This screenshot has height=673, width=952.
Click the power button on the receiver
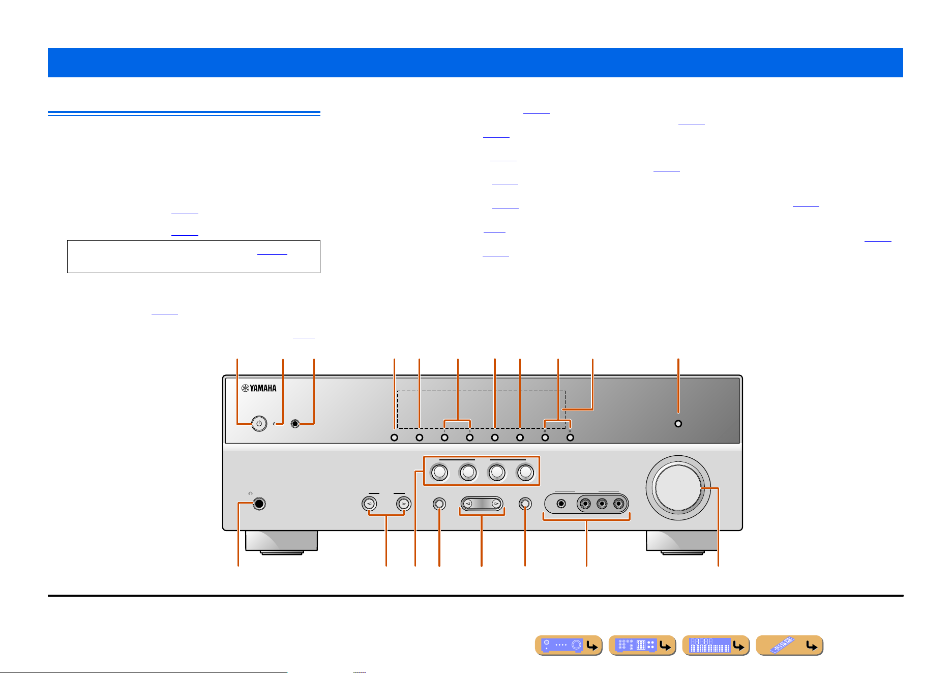click(x=259, y=424)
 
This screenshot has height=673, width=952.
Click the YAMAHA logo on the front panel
click(x=259, y=388)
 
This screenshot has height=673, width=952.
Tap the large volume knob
click(x=678, y=487)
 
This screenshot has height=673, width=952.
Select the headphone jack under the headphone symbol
click(x=259, y=504)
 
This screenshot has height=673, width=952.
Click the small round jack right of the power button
click(x=295, y=424)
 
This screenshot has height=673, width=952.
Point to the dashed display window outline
click(x=481, y=391)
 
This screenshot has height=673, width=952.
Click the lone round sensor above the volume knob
click(x=678, y=424)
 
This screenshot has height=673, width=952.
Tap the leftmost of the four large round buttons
click(x=440, y=473)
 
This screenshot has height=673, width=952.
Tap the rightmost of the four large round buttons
click(x=525, y=473)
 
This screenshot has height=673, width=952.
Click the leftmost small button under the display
click(x=394, y=437)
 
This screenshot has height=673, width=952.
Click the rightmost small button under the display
click(x=570, y=437)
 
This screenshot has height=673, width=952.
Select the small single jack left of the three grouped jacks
click(x=561, y=504)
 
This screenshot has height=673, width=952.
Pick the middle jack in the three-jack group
click(x=602, y=504)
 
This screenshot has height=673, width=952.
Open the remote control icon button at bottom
click(x=789, y=646)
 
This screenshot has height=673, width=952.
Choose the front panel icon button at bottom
click(x=569, y=646)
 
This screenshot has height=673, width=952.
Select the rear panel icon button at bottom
click(x=642, y=646)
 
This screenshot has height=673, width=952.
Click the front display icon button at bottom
click(x=716, y=646)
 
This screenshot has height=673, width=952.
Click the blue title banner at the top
click(x=475, y=63)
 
